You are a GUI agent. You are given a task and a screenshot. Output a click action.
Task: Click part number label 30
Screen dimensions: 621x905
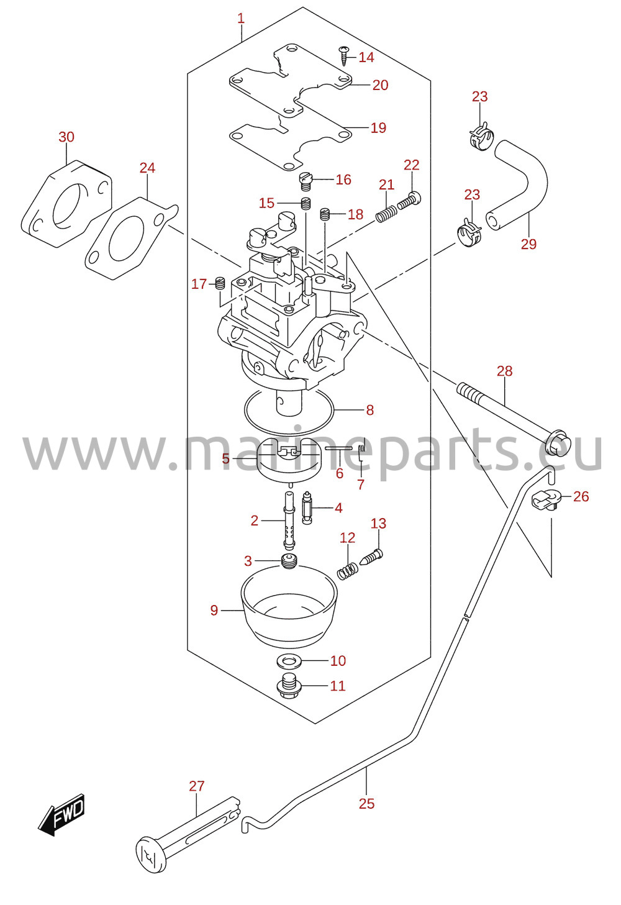pos(66,137)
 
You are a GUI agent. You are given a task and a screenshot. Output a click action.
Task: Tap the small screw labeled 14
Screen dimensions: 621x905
pos(343,55)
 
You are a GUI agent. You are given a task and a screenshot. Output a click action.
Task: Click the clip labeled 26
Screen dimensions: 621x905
pos(545,500)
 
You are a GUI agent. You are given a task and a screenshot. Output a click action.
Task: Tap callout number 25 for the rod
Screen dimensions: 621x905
pos(366,804)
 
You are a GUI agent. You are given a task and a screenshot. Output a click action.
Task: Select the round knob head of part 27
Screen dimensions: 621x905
pos(151,855)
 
